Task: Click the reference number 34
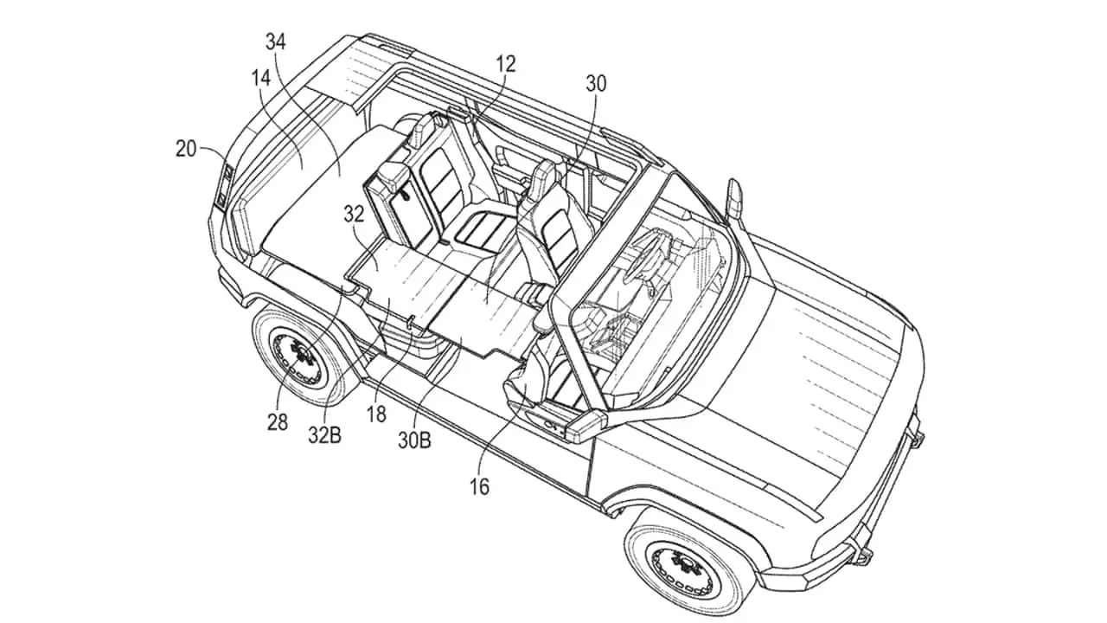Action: point(276,42)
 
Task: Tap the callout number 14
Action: point(261,78)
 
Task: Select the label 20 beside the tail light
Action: point(186,150)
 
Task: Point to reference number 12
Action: point(506,64)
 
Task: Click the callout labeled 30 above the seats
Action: point(596,84)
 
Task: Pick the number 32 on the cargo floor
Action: point(354,214)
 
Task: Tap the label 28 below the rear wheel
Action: point(278,422)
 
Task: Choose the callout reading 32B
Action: point(324,435)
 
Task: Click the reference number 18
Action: point(376,414)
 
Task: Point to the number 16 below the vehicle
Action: point(479,487)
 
